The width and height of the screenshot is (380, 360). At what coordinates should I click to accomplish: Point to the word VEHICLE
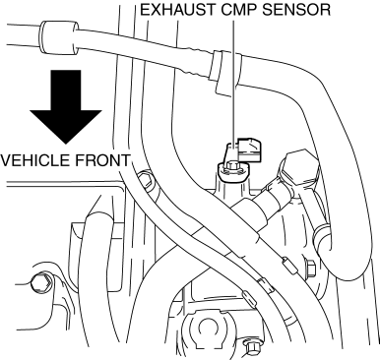point(35,160)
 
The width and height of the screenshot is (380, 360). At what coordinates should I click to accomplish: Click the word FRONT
point(102,160)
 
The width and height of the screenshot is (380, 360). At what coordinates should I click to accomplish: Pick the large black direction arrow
point(66,107)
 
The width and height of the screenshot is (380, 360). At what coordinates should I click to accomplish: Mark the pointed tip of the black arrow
point(66,144)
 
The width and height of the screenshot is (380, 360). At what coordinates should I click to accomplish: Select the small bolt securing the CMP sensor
point(232,169)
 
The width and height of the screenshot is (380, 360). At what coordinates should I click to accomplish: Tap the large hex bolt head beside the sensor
point(299,170)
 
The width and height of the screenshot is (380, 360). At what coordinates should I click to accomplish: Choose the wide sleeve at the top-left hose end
point(58,37)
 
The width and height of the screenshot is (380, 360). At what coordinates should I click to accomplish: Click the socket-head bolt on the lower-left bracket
point(41,283)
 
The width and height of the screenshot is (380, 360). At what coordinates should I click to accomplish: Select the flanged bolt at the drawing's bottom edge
point(250,348)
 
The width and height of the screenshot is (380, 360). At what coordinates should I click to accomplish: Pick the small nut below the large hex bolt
point(310,267)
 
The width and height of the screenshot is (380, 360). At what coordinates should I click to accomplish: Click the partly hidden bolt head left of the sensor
point(146,180)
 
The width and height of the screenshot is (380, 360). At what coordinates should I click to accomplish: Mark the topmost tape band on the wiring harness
point(289,265)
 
